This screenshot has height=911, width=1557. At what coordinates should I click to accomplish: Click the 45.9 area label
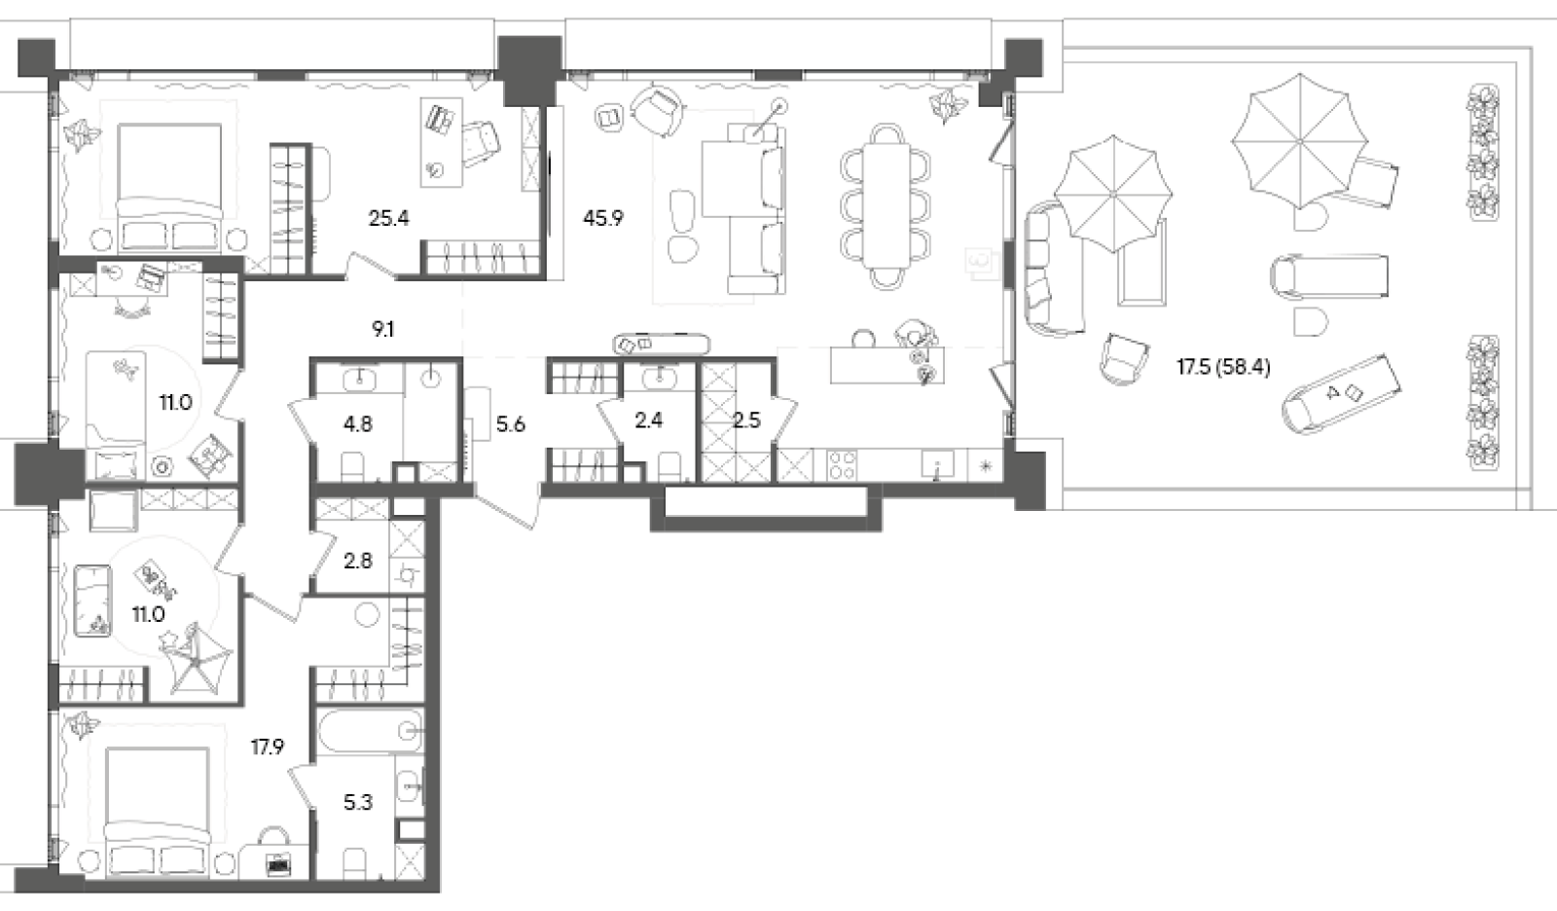602,218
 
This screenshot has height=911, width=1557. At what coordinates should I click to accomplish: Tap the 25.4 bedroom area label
388,218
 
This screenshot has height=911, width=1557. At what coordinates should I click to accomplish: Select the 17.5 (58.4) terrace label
1222,368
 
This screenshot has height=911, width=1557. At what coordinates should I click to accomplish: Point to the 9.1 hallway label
382,330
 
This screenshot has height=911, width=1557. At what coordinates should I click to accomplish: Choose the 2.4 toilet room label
648,420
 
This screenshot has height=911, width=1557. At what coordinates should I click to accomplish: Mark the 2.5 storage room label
746,420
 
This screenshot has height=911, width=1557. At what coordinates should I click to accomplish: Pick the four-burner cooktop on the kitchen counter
841,464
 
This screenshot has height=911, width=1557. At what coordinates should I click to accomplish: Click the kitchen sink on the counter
938,465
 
